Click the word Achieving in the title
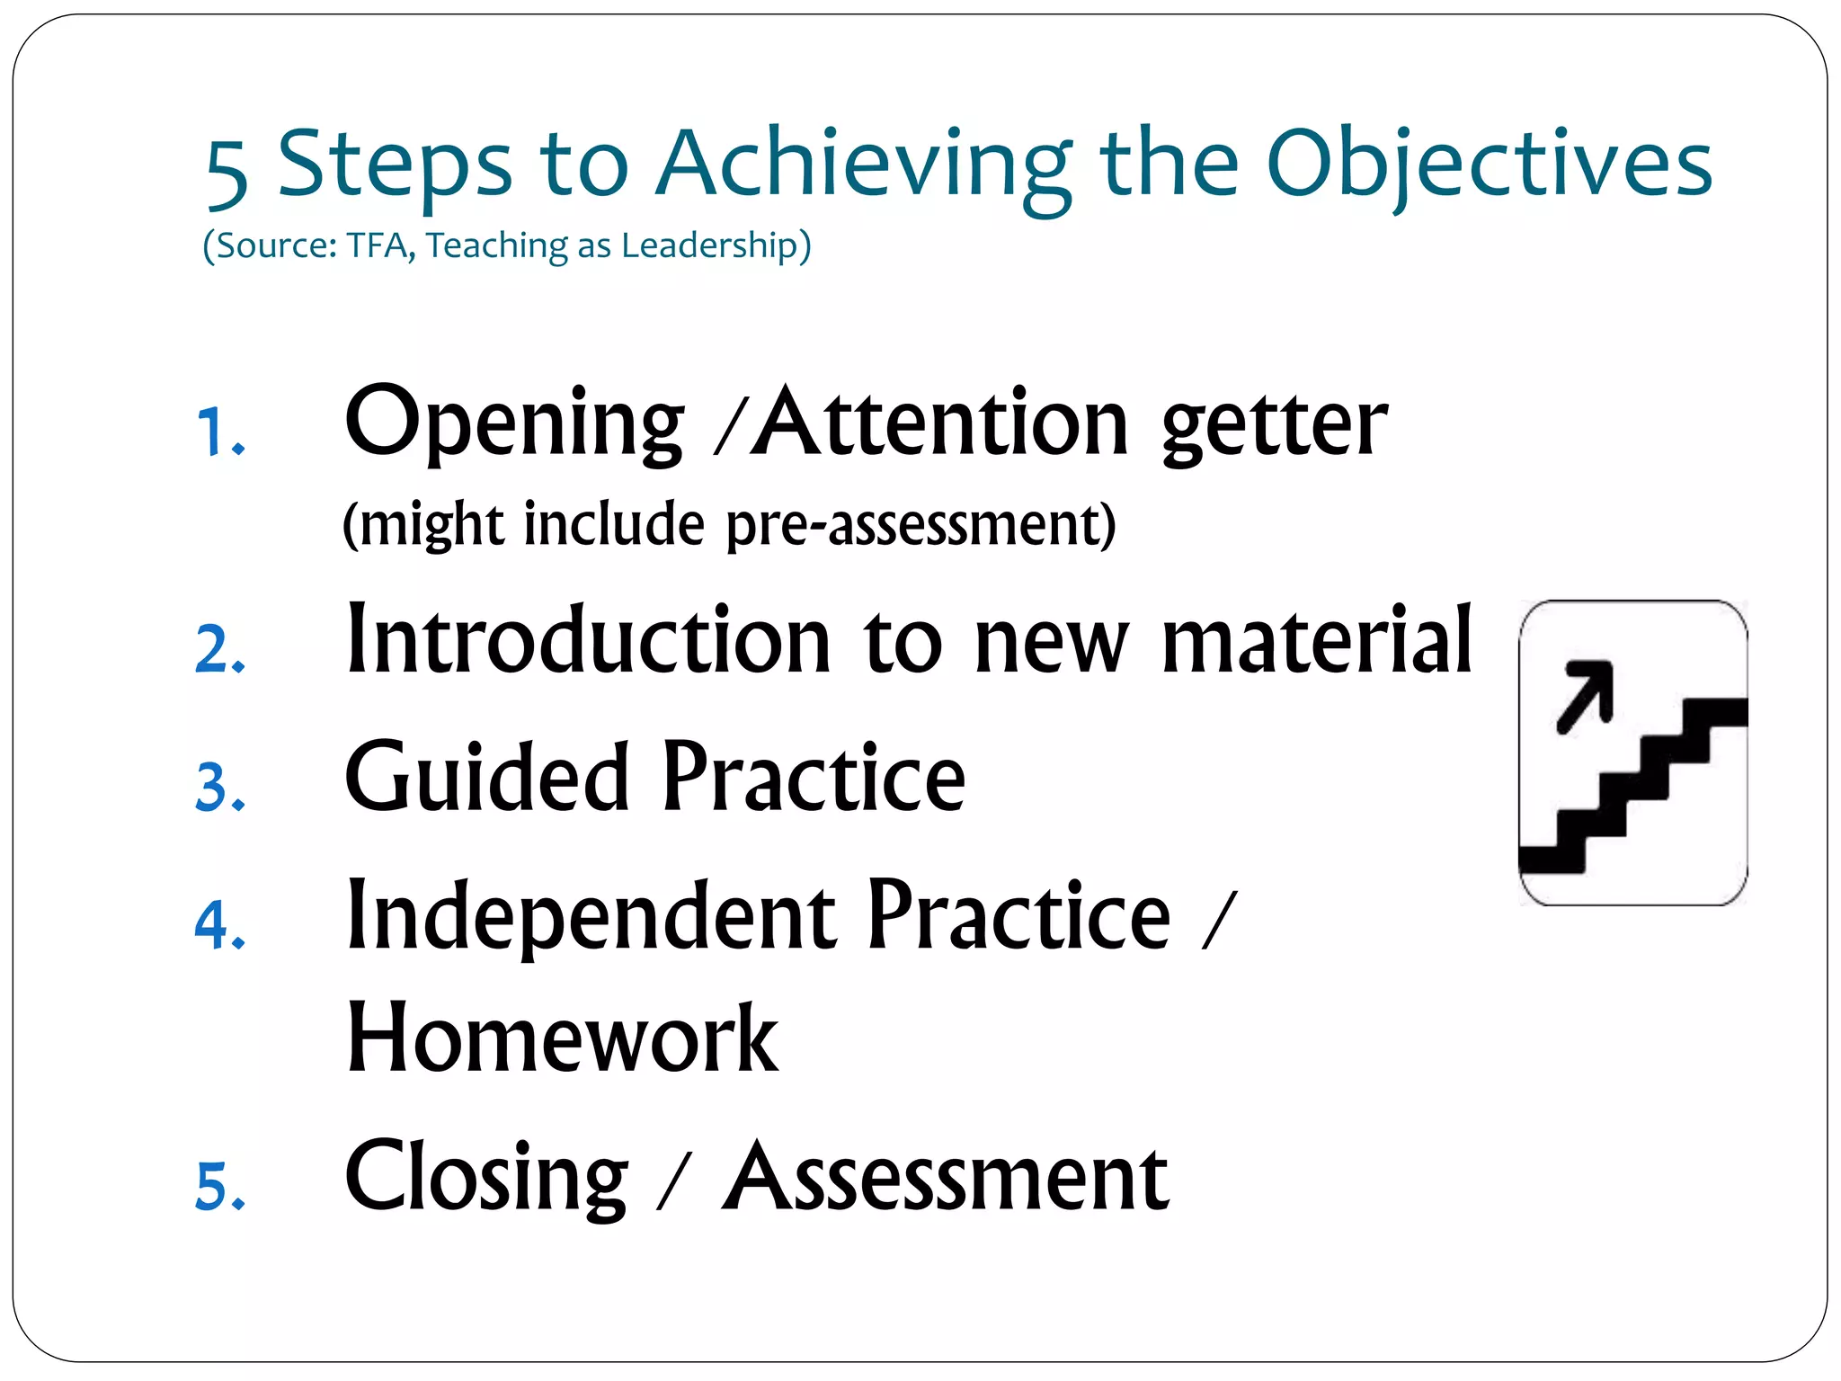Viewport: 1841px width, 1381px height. (863, 165)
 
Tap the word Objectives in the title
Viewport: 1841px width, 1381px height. (1489, 165)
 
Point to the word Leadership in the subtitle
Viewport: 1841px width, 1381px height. (716, 245)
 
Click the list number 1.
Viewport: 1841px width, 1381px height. (218, 432)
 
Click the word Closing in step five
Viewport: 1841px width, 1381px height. (486, 1177)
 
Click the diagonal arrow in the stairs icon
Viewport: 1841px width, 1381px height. (1586, 695)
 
